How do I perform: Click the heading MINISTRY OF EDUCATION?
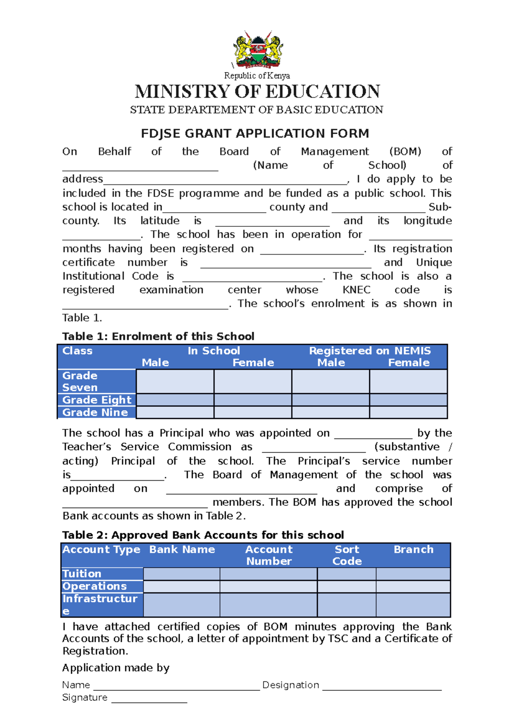257,92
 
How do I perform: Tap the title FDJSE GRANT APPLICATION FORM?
255,133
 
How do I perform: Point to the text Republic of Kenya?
257,76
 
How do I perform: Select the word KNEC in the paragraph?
356,290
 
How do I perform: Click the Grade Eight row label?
97,400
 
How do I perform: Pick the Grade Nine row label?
95,412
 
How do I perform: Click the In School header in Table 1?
214,351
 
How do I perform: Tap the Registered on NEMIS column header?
370,351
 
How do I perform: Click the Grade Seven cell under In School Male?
175,382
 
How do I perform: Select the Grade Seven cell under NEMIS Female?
408,382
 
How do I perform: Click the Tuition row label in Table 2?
82,574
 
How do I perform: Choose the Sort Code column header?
347,555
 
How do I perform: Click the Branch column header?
413,550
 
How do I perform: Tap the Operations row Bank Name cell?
182,587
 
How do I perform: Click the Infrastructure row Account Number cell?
269,605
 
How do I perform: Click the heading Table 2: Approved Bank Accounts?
203,535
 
